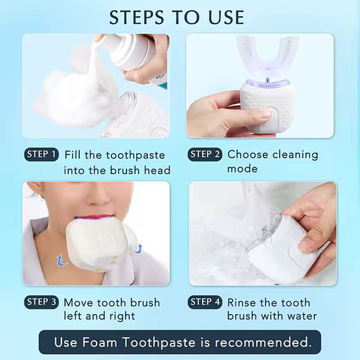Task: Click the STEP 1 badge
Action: coord(41,155)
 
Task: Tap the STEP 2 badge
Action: coord(205,155)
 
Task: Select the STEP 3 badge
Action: coord(41,302)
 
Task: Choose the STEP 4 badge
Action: coord(205,302)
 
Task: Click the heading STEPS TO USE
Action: coord(177,16)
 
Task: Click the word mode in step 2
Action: coord(242,170)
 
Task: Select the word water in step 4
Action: coord(299,316)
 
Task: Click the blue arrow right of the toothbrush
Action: coord(139,248)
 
